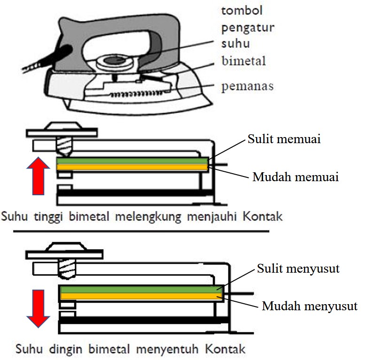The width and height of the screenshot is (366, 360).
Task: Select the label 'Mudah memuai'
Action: click(296, 177)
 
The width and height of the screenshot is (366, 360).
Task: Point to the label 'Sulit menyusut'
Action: click(298, 269)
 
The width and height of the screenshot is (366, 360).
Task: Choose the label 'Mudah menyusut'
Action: click(310, 307)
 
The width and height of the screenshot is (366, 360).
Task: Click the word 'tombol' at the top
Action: click(241, 10)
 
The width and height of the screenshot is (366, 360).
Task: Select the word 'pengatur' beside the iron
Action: click(247, 27)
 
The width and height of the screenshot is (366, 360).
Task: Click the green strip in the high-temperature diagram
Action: click(132, 161)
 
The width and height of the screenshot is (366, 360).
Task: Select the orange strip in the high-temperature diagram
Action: click(132, 167)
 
